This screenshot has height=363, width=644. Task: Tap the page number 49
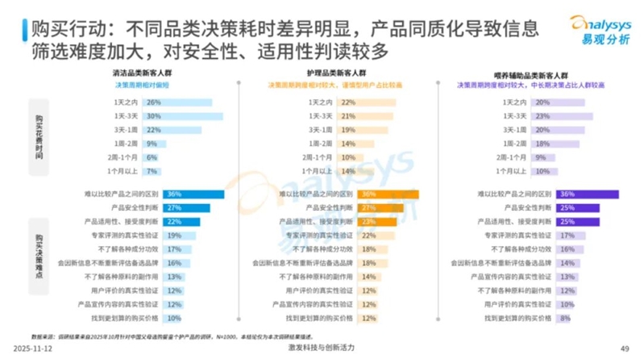[623, 348]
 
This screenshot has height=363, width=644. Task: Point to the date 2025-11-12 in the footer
[34, 348]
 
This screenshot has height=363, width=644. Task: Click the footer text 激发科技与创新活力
[321, 348]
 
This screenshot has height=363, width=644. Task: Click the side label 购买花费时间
[39, 137]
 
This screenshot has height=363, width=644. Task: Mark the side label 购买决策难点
[39, 253]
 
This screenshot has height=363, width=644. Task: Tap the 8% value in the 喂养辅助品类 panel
[542, 318]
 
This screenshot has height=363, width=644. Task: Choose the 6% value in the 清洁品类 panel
[152, 157]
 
